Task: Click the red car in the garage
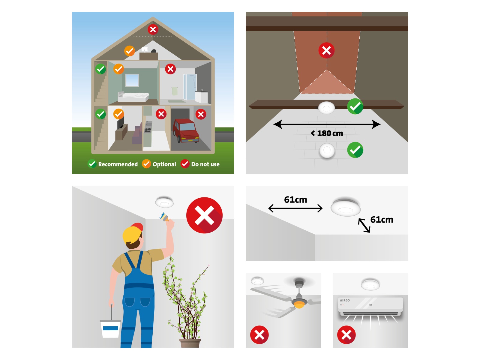(x=186, y=130)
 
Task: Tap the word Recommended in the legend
(x=118, y=164)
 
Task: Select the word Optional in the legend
(x=164, y=164)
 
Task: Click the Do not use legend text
(x=205, y=164)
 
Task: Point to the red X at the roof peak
(x=153, y=29)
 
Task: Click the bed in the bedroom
(x=133, y=97)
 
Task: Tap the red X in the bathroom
(x=170, y=69)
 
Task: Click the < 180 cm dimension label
(x=327, y=133)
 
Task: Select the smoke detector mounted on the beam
(x=326, y=108)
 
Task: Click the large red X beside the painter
(x=204, y=215)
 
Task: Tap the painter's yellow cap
(x=132, y=233)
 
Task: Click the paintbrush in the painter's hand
(x=164, y=217)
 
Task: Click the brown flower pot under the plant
(x=190, y=343)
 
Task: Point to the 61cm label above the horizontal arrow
(x=295, y=199)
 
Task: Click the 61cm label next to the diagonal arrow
(x=382, y=220)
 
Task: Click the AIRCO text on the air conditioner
(x=345, y=300)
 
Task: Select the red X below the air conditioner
(x=346, y=334)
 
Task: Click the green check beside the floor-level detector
(x=355, y=150)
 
